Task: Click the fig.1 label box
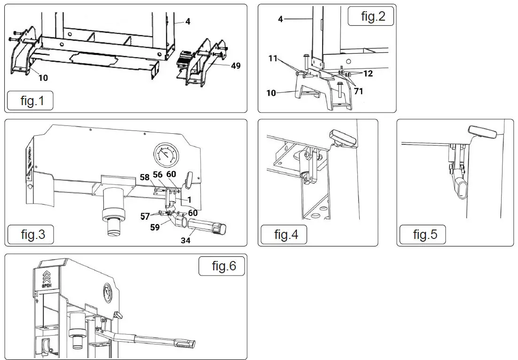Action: coord(30,101)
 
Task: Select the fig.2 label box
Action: coord(371,16)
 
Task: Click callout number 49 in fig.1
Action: coord(235,66)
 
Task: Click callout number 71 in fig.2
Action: coord(358,92)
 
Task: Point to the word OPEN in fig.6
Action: coord(47,285)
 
